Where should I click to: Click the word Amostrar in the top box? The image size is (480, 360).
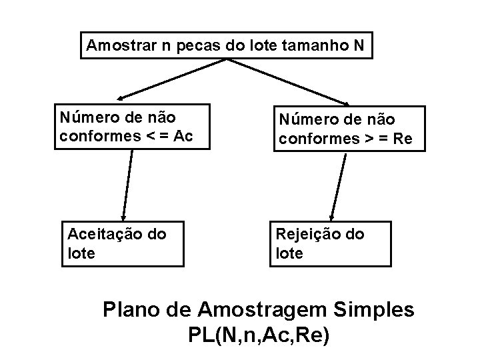click(x=116, y=46)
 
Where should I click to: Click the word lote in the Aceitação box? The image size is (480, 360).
click(x=81, y=253)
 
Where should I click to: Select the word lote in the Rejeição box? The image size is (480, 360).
click(x=289, y=253)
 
